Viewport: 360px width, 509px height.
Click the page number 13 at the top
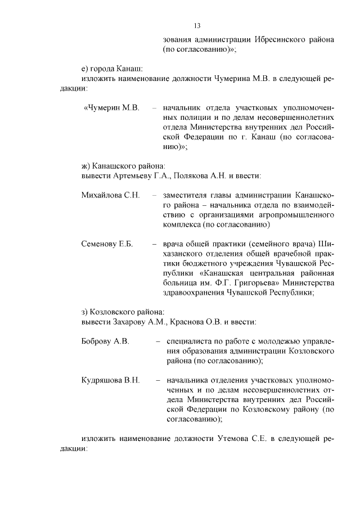[x=197, y=26]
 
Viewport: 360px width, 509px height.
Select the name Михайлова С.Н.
[x=110, y=195]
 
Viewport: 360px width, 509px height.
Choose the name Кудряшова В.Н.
[x=111, y=380]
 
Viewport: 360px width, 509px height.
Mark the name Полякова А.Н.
[x=195, y=175]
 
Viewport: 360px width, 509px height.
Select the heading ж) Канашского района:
[x=124, y=166]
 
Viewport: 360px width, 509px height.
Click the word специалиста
[x=187, y=341]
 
